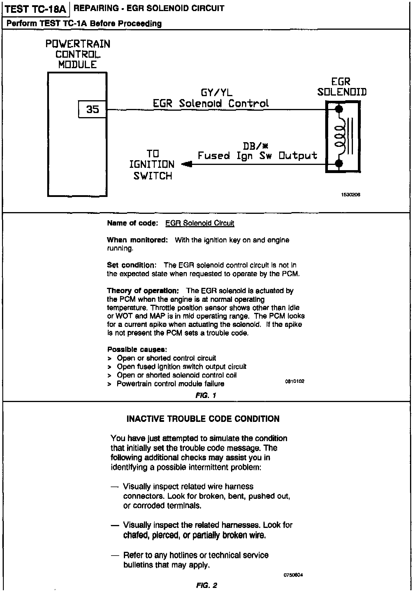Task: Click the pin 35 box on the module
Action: (x=92, y=109)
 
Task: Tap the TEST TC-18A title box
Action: (x=36, y=9)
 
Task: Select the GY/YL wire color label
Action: (x=217, y=93)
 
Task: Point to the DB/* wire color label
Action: (x=256, y=146)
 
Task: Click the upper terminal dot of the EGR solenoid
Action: (x=339, y=110)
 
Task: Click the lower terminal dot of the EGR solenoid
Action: (x=339, y=164)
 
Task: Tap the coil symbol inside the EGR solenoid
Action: (x=340, y=136)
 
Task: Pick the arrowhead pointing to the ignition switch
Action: (x=187, y=165)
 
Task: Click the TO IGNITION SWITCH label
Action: (x=152, y=165)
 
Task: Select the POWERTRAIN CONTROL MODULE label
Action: (x=78, y=54)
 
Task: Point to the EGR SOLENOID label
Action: (x=342, y=87)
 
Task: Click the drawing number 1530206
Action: (x=351, y=195)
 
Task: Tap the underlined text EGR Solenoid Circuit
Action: (x=200, y=223)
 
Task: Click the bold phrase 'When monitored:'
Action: (x=137, y=240)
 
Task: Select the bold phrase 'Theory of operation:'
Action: (x=143, y=291)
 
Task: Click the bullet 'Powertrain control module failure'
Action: (x=170, y=384)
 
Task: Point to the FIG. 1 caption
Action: (x=206, y=395)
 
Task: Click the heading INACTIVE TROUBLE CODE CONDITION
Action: (x=203, y=419)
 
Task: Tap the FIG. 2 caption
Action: (x=207, y=585)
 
